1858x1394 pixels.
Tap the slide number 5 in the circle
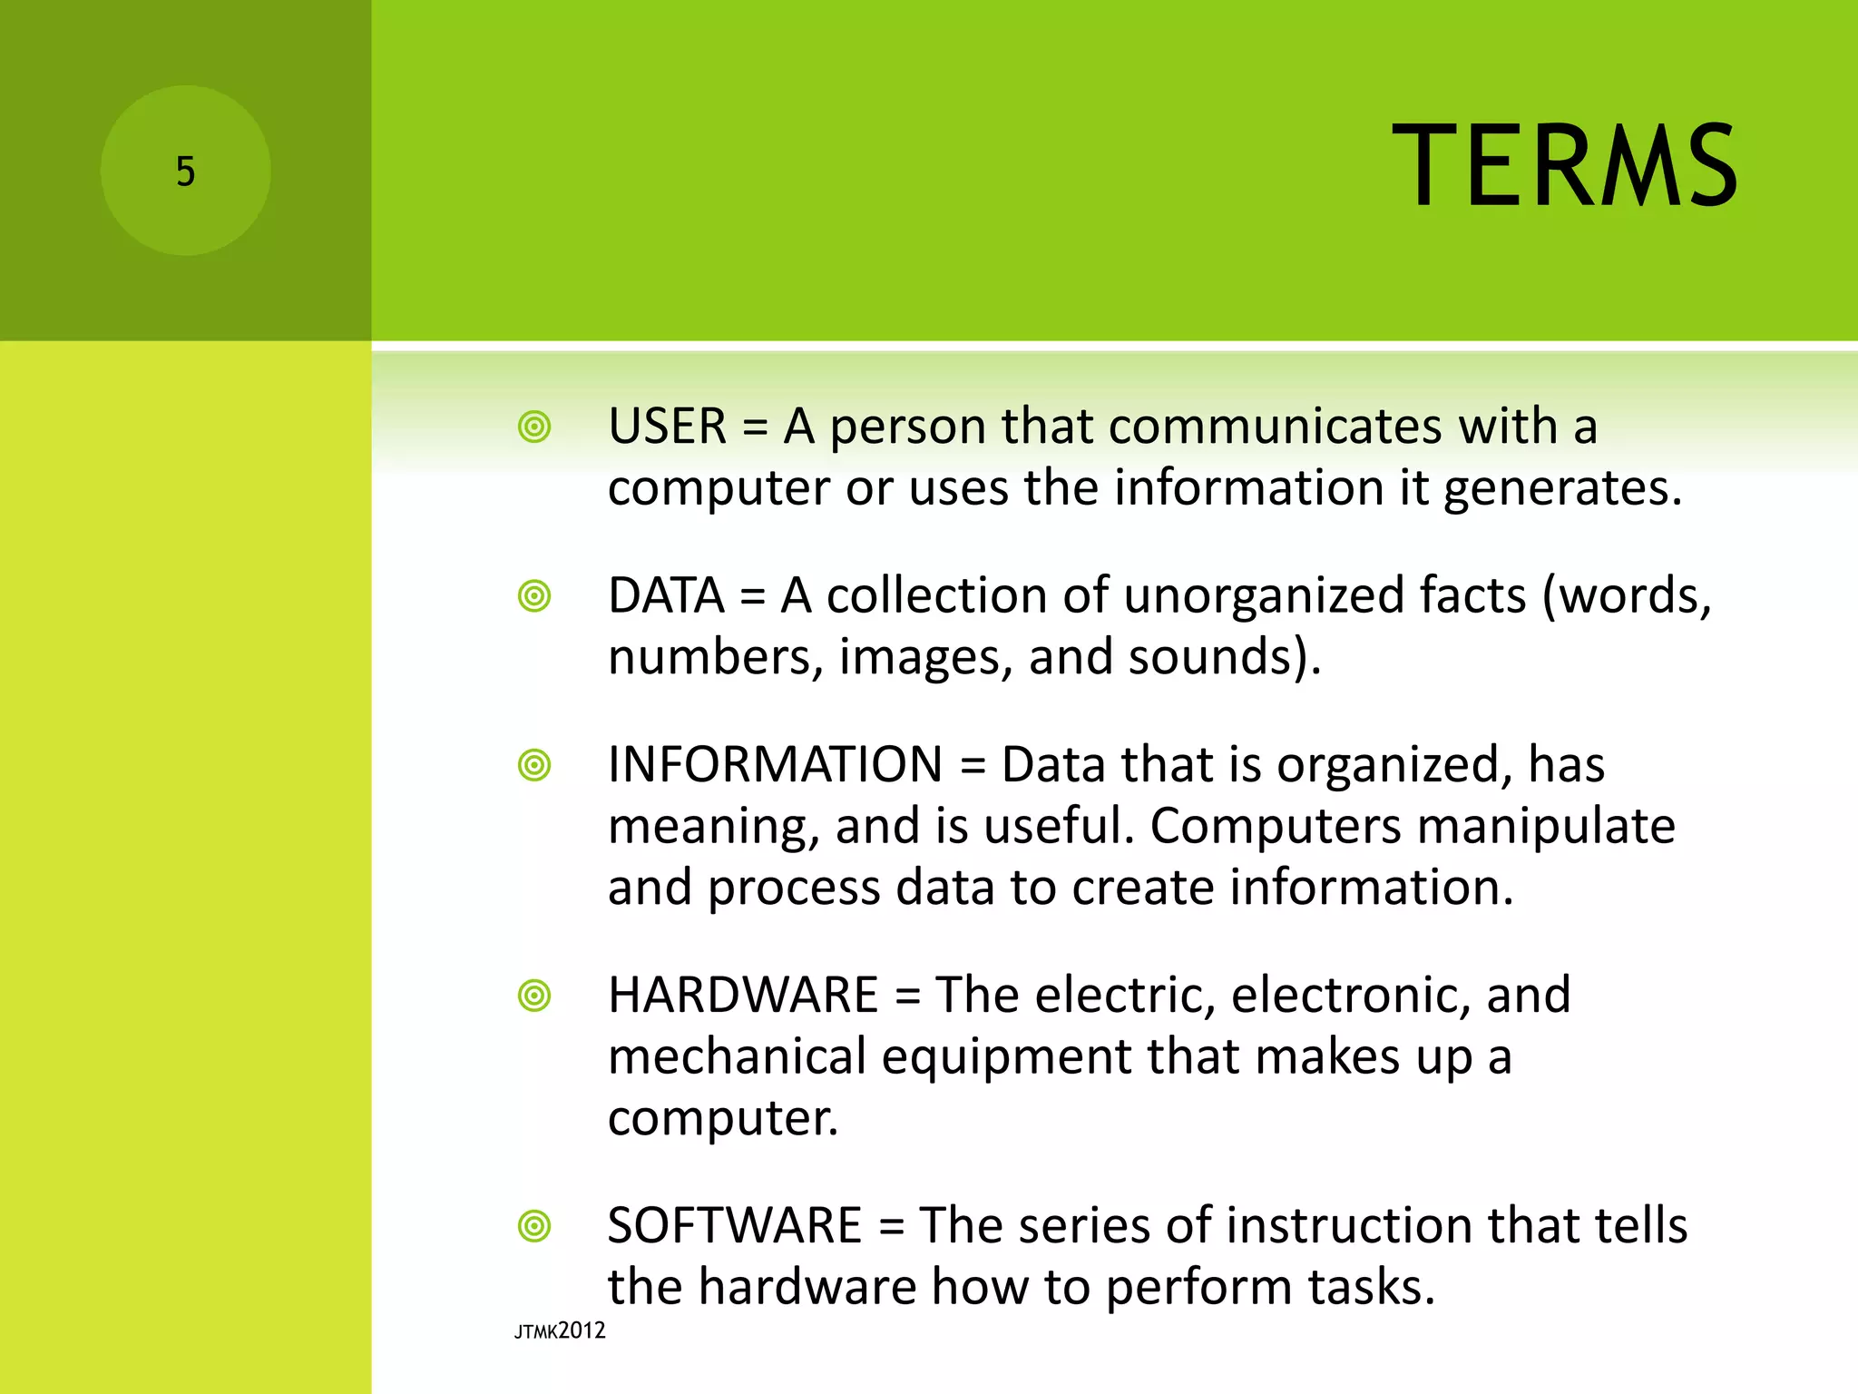[x=185, y=172]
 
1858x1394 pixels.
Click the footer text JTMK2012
[x=560, y=1331]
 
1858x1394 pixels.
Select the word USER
[x=668, y=426]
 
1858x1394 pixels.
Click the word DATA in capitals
[x=666, y=595]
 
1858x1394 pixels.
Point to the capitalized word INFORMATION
[x=776, y=764]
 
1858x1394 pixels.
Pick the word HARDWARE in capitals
[x=743, y=995]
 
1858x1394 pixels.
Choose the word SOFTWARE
[x=735, y=1225]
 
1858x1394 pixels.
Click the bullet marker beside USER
[x=534, y=427]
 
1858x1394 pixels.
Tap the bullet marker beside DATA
[x=534, y=596]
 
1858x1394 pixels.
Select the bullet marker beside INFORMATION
[x=534, y=765]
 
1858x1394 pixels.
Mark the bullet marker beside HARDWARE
[x=534, y=996]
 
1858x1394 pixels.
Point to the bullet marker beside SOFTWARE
[x=534, y=1226]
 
